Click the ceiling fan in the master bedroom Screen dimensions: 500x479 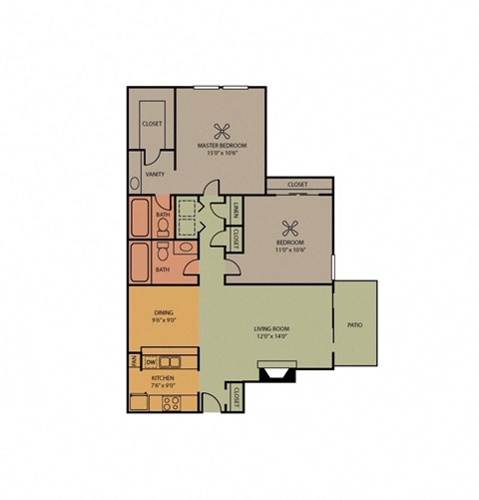tap(221, 127)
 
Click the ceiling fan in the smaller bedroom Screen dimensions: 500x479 tap(289, 226)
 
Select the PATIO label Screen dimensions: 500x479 tap(354, 325)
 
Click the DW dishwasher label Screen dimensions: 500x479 tap(150, 361)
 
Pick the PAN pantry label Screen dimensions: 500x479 tap(133, 361)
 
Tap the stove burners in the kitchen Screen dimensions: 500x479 tap(170, 405)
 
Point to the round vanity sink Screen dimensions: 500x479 tap(134, 184)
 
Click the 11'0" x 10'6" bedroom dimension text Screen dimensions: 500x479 tap(289, 248)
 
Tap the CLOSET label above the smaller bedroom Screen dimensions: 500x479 tap(297, 185)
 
